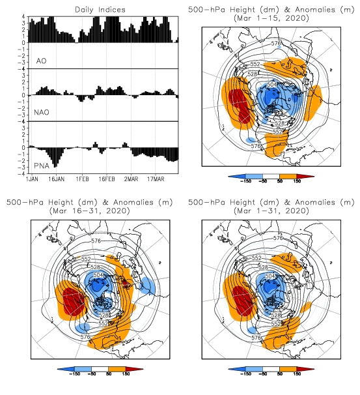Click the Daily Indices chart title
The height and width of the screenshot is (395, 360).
pyautogui.click(x=100, y=10)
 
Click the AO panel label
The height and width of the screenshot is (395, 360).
pyautogui.click(x=42, y=61)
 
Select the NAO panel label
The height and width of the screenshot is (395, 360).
pyautogui.click(x=42, y=112)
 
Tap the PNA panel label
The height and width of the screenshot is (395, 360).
pyautogui.click(x=42, y=166)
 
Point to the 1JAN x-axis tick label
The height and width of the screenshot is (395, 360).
pyautogui.click(x=32, y=179)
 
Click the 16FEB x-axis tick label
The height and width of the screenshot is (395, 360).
pyautogui.click(x=107, y=179)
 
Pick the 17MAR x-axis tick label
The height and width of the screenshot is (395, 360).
pyautogui.click(x=156, y=179)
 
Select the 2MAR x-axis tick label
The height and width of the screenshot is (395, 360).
pyautogui.click(x=131, y=179)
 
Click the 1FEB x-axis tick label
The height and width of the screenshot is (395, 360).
pyautogui.click(x=82, y=179)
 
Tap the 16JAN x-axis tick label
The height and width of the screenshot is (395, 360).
pyautogui.click(x=57, y=179)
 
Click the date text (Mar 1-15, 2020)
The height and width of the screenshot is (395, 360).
pyautogui.click(x=271, y=18)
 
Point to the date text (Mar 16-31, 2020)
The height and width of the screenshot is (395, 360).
pyautogui.click(x=90, y=211)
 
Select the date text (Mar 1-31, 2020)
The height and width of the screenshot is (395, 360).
pyautogui.click(x=271, y=211)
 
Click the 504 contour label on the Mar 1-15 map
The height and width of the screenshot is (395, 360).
pyautogui.click(x=271, y=84)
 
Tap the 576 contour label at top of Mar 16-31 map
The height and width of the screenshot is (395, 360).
pyautogui.click(x=96, y=241)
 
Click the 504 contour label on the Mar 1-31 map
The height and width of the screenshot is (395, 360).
pyautogui.click(x=270, y=276)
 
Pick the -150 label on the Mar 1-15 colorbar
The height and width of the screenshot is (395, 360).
pyautogui.click(x=246, y=181)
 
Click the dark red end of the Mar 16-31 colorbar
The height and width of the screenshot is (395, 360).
pyautogui.click(x=134, y=369)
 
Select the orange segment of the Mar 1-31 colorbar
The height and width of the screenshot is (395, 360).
pyautogui.click(x=288, y=369)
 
